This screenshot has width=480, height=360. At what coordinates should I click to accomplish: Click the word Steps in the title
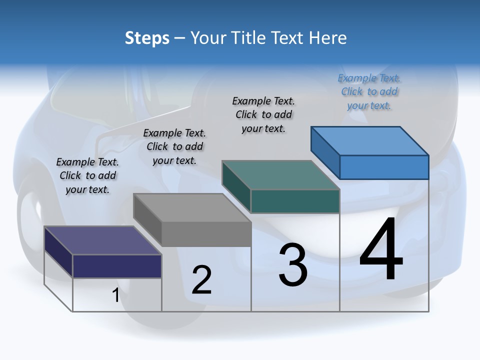tap(147, 38)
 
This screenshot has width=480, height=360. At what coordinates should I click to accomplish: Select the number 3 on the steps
tap(293, 265)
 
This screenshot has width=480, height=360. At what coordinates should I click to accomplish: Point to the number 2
tap(201, 280)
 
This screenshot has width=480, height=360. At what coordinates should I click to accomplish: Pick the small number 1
tap(115, 295)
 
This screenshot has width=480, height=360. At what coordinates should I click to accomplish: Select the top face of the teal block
tap(280, 175)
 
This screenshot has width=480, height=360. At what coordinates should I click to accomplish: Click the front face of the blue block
tap(384, 167)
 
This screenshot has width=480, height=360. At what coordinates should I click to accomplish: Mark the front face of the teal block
tap(295, 201)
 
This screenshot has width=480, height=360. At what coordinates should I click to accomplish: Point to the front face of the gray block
tap(206, 234)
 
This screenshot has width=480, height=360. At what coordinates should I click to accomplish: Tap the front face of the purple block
tap(117, 266)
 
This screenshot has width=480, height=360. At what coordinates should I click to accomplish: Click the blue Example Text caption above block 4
tap(369, 92)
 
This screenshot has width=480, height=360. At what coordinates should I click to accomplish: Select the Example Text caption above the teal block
tap(263, 114)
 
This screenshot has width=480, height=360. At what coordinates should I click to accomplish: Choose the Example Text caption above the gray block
tap(174, 146)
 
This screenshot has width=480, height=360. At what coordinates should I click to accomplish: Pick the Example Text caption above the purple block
tap(87, 175)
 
